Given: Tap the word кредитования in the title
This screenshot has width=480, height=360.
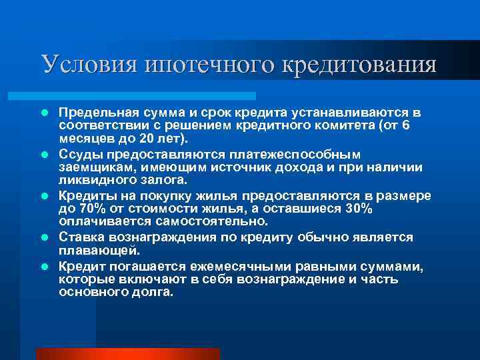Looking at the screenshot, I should tap(361, 64).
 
